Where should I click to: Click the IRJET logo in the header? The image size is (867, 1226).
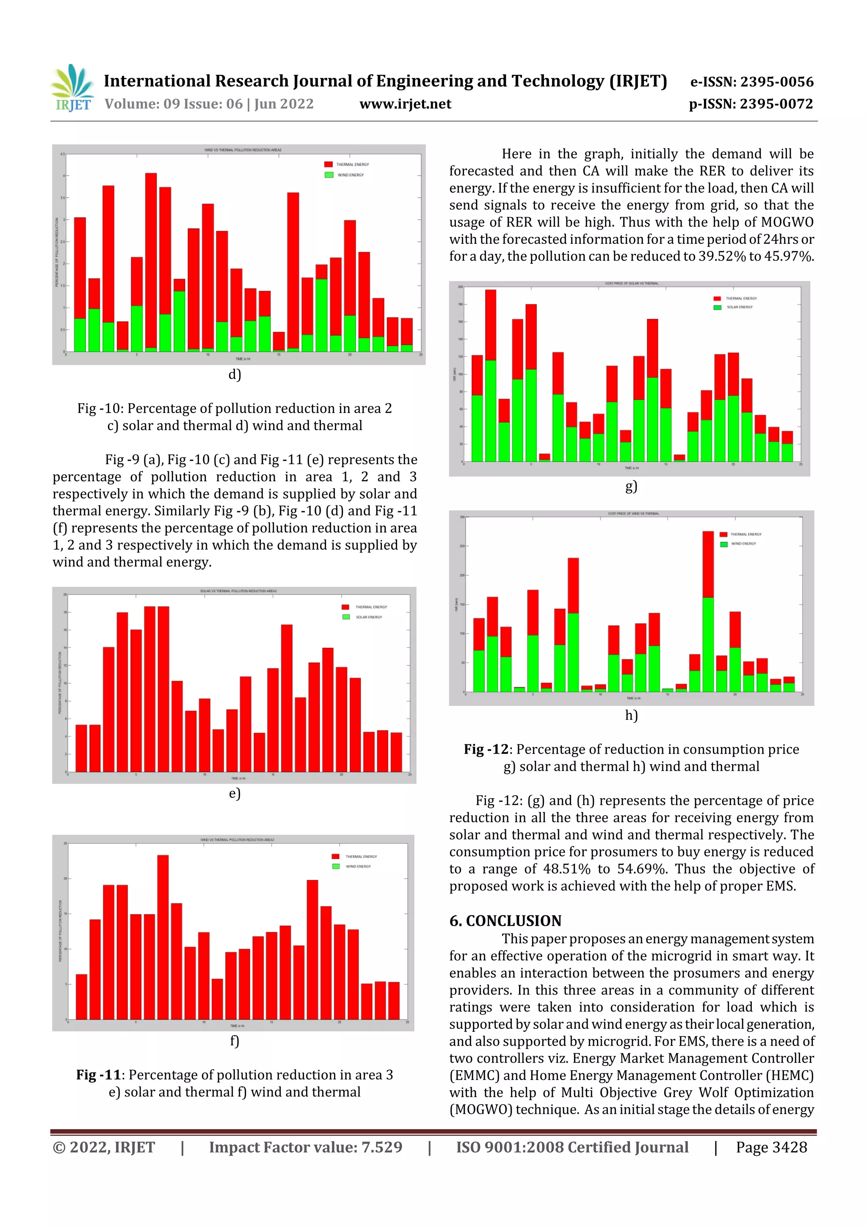click(x=72, y=88)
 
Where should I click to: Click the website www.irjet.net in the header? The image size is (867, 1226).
click(x=405, y=104)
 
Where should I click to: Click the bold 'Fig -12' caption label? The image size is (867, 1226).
click(x=486, y=749)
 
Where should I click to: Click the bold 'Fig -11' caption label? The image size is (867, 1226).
click(x=98, y=1074)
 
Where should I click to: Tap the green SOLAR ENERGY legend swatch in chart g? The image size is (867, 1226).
click(x=718, y=307)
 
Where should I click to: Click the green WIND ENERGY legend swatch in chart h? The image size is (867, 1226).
click(x=724, y=544)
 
